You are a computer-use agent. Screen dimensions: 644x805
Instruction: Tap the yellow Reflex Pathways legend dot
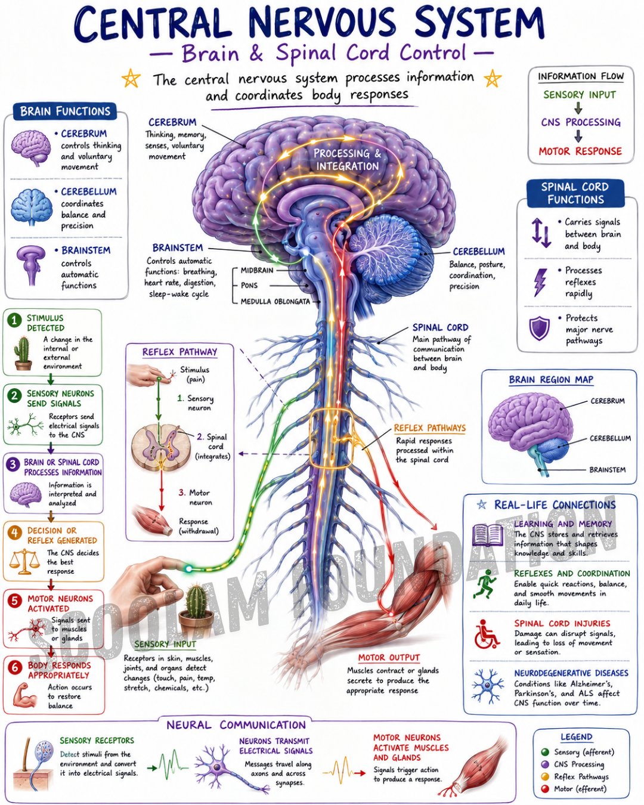point(545,777)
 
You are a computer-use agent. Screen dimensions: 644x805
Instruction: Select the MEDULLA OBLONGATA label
point(275,302)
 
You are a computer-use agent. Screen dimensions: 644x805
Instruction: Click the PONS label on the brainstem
point(249,286)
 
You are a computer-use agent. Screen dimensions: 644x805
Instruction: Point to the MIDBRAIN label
point(256,270)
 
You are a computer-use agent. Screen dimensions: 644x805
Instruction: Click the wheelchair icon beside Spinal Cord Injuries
point(487,634)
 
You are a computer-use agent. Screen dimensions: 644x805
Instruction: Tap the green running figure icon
point(485,584)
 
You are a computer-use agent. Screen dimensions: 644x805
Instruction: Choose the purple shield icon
point(539,328)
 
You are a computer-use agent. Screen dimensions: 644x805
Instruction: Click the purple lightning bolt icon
point(540,282)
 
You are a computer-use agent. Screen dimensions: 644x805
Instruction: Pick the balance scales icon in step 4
point(24,561)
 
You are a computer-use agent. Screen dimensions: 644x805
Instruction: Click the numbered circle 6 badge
point(15,667)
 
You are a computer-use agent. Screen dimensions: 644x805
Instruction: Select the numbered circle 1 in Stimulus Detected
point(14,321)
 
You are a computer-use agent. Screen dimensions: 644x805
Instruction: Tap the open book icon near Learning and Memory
point(487,535)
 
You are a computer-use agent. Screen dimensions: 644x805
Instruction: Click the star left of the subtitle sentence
point(131,78)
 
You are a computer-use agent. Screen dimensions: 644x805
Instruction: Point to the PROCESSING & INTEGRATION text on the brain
point(347,159)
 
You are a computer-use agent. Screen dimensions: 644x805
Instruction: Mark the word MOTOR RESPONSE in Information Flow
point(580,151)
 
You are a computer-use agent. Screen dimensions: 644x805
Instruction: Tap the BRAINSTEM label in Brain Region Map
point(608,470)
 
